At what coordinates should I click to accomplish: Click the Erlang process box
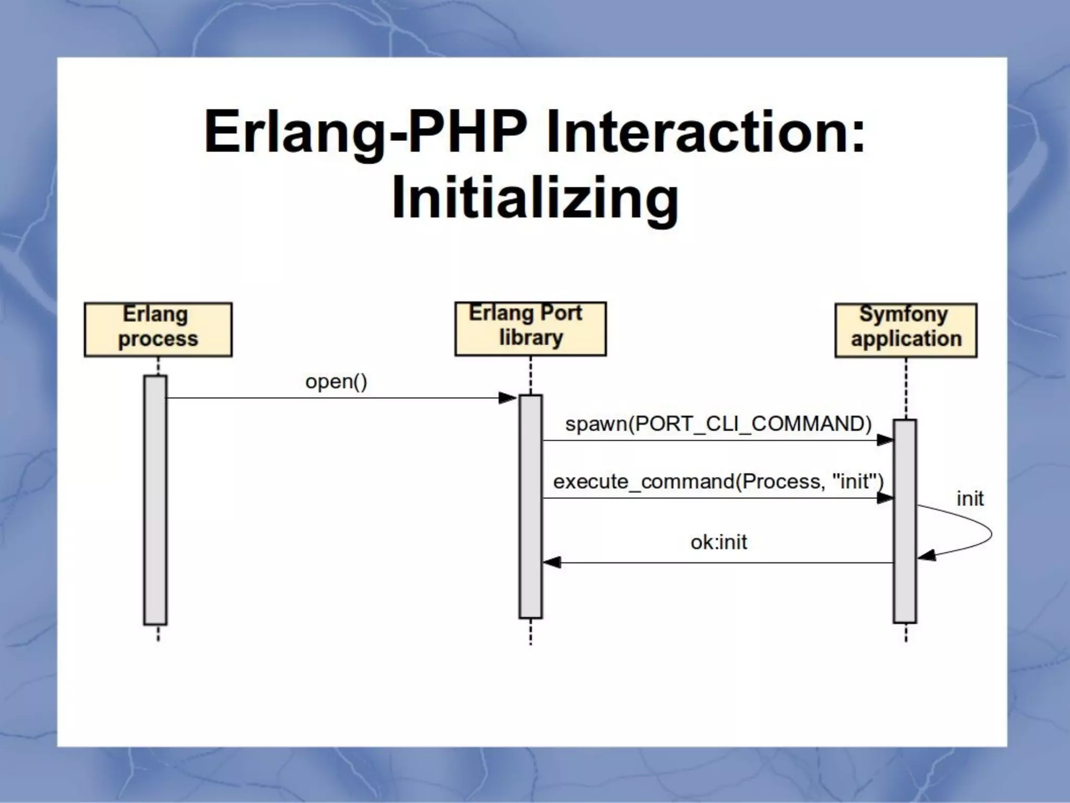(158, 329)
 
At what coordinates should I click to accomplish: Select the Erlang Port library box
(530, 329)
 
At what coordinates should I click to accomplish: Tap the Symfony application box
(906, 330)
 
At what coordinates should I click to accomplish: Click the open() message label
(336, 382)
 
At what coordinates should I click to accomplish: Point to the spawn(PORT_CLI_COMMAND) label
(718, 423)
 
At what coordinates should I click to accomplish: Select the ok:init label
(718, 542)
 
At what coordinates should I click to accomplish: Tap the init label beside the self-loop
(970, 498)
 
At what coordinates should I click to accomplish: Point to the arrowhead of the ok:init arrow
(552, 563)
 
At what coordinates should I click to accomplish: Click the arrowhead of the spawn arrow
(885, 440)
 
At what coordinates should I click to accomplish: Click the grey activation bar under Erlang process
(155, 499)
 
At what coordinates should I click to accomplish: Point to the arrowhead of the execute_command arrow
(885, 498)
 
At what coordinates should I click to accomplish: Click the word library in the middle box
(531, 338)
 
